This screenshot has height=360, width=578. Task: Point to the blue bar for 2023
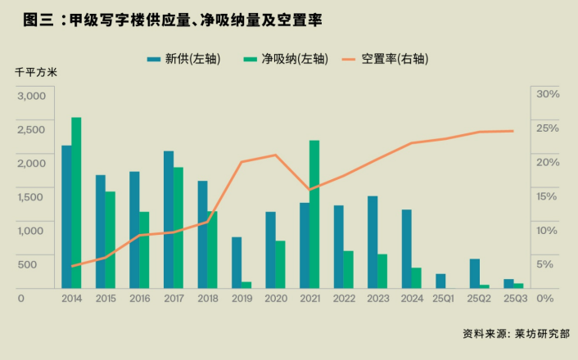[x=373, y=241]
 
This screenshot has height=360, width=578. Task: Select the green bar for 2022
[x=349, y=269]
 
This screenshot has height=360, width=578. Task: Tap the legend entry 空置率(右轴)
[x=394, y=60]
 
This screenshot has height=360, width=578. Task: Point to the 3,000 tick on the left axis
[x=32, y=95]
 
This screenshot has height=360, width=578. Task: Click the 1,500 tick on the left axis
[x=32, y=196]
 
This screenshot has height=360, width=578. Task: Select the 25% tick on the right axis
[x=547, y=128]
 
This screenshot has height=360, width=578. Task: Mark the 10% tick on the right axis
[x=547, y=230]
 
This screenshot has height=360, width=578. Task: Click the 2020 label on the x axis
[x=276, y=299]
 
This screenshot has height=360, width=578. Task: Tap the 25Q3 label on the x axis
[x=514, y=299]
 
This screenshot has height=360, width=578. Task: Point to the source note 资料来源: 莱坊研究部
[x=516, y=334]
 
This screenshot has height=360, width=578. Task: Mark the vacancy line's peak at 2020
[x=276, y=155]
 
